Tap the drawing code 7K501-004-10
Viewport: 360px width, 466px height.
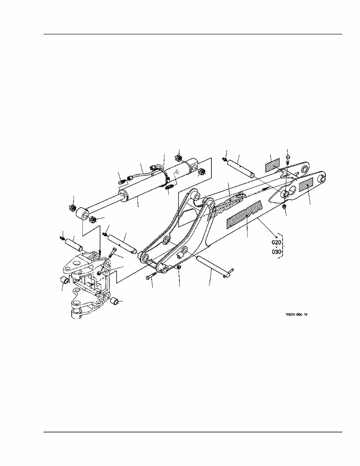click(296, 315)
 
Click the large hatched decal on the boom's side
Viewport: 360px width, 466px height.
click(244, 214)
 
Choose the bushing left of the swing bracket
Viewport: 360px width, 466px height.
click(65, 280)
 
